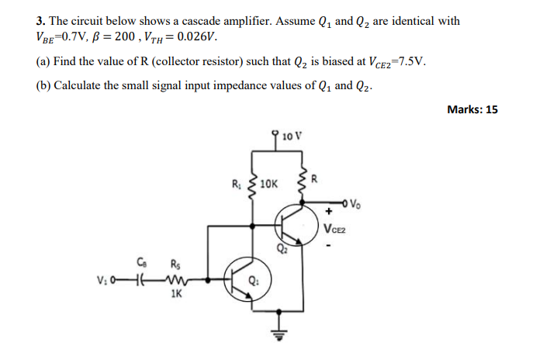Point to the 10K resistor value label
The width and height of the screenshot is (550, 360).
point(268,185)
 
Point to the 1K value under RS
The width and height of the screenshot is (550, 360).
point(175,295)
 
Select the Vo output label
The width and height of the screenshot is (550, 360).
point(355,205)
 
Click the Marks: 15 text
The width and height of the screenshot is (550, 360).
point(472,109)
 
